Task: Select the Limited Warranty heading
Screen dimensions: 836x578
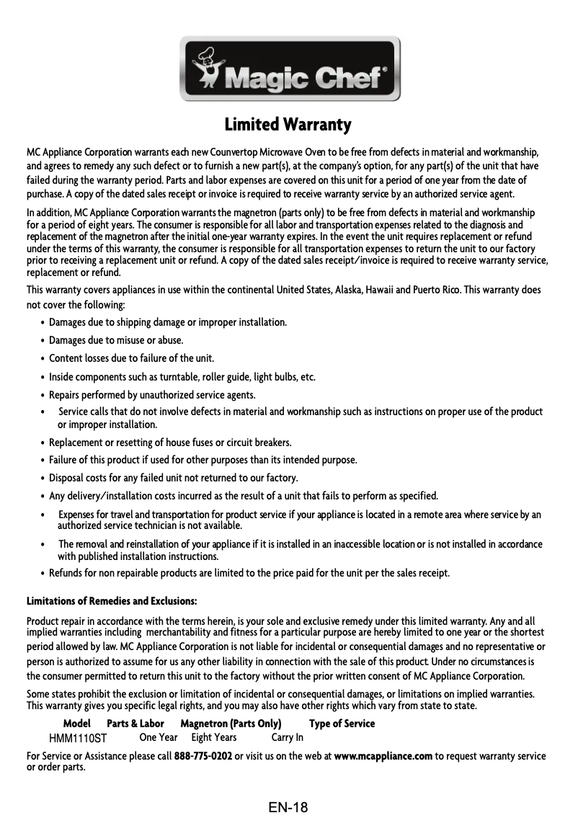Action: click(288, 125)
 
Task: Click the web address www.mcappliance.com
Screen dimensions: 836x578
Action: click(383, 756)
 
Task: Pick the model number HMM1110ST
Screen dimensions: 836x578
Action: click(78, 738)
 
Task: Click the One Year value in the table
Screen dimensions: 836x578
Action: click(159, 737)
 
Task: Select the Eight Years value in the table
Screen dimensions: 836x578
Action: click(214, 737)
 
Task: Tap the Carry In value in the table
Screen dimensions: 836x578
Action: click(287, 737)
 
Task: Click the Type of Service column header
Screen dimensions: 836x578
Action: click(342, 724)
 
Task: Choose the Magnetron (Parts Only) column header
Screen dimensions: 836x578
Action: click(231, 724)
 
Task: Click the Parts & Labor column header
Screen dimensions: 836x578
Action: click(135, 724)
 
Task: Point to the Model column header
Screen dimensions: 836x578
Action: click(77, 724)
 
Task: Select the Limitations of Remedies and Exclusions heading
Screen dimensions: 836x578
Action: click(112, 601)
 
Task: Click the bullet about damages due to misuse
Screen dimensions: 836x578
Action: click(115, 340)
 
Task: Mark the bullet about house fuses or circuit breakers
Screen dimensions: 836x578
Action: click(170, 442)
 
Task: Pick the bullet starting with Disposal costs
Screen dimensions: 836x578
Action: click(173, 478)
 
